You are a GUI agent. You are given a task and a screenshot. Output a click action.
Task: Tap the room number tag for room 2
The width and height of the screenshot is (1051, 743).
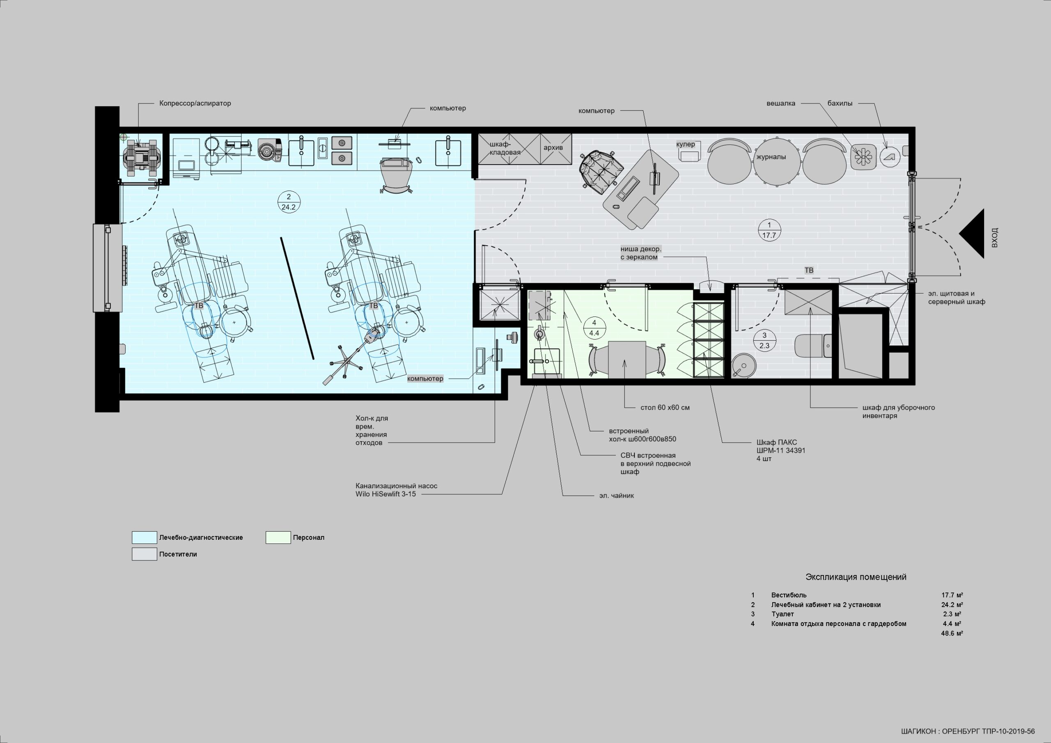(288, 202)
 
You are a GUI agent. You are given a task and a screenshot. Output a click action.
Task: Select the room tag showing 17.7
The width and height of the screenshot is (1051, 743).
(769, 230)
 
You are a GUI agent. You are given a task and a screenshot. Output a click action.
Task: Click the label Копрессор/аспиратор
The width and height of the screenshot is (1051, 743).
(195, 103)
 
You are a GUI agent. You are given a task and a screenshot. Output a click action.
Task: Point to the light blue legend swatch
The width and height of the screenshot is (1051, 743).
(144, 537)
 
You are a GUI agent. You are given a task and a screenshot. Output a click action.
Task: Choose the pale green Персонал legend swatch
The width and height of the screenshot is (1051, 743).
(278, 537)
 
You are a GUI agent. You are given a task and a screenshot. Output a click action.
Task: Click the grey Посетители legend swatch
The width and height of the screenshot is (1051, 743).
(144, 554)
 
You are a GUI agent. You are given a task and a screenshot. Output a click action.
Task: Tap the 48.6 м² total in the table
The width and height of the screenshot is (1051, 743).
(952, 633)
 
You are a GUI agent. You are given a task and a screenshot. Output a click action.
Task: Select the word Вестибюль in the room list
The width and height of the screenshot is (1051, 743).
(789, 595)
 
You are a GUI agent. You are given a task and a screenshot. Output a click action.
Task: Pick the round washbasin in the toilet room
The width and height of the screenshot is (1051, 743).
(744, 366)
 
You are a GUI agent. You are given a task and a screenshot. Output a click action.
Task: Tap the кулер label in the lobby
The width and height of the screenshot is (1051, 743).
(685, 144)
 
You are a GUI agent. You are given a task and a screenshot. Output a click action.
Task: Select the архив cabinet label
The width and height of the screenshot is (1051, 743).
(553, 147)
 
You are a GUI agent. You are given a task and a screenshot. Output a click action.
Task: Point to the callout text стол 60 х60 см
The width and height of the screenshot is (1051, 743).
(665, 408)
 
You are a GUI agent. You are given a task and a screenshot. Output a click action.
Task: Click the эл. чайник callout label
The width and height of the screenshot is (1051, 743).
(617, 495)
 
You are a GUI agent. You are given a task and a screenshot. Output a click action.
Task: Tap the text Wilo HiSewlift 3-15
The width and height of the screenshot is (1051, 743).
(386, 494)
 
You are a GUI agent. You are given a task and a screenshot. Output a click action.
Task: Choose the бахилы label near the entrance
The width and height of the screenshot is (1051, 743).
(840, 103)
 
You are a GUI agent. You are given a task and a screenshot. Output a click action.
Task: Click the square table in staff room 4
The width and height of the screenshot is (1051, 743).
(626, 359)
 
